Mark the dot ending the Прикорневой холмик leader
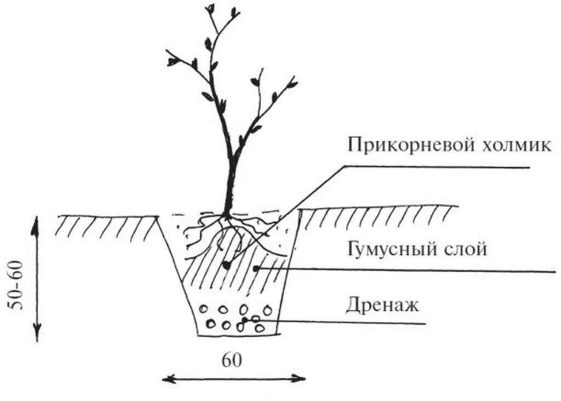[225, 266]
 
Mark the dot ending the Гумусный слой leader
[256, 268]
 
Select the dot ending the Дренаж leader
[244, 318]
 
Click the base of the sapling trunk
[226, 214]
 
